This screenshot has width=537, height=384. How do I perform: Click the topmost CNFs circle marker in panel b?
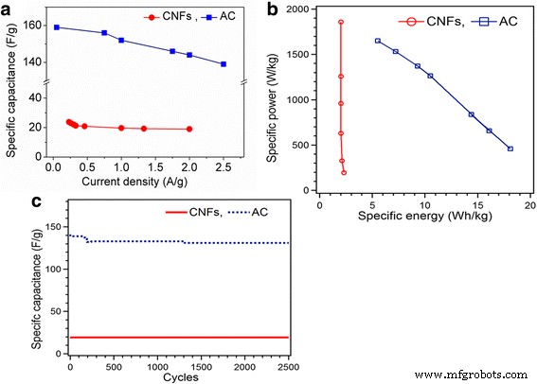point(340,22)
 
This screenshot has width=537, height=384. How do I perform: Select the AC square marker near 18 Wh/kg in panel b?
point(510,148)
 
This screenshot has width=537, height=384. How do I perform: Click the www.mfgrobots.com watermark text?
point(471,375)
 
